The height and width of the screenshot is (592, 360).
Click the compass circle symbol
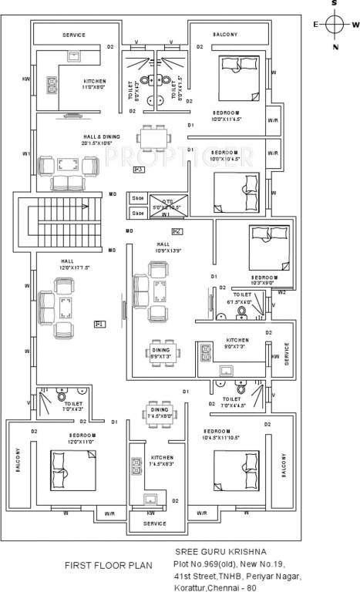click(x=335, y=25)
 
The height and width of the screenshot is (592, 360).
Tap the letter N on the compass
click(x=335, y=48)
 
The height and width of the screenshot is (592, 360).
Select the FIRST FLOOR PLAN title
click(x=108, y=565)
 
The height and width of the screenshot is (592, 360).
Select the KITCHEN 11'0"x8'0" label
click(x=96, y=84)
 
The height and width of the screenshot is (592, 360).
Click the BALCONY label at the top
click(x=225, y=35)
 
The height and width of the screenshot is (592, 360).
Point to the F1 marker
click(x=99, y=325)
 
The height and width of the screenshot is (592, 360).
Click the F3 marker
click(x=139, y=169)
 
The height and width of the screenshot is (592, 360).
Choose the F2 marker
click(x=177, y=231)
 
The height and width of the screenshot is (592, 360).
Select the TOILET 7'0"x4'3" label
click(x=74, y=406)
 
